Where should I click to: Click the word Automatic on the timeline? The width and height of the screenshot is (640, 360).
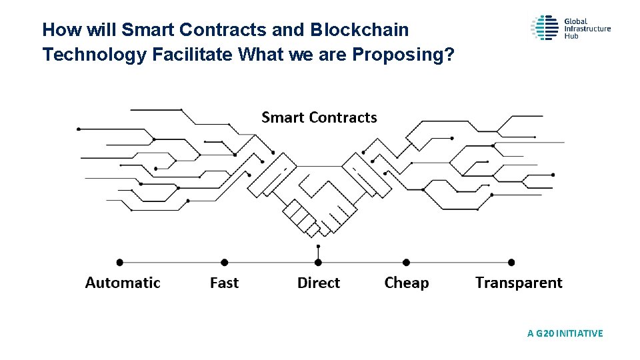(x=123, y=283)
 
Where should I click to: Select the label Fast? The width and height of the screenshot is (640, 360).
(x=224, y=283)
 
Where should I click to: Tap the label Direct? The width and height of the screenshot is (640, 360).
(x=319, y=283)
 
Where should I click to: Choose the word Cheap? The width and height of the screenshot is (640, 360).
(x=407, y=283)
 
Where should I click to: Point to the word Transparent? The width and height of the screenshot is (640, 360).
(x=519, y=283)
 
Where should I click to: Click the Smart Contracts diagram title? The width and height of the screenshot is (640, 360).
(x=319, y=118)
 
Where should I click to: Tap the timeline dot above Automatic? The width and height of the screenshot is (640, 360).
(x=120, y=263)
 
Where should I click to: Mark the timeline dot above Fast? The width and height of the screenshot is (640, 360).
(x=225, y=263)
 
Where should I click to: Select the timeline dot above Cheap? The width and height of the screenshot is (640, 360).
(x=407, y=263)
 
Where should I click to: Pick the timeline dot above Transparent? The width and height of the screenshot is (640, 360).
(x=511, y=263)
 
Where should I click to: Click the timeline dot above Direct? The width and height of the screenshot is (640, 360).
(x=319, y=263)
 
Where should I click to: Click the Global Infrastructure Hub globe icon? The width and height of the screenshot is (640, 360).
(x=545, y=27)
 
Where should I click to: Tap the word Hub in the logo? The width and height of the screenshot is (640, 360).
(x=571, y=36)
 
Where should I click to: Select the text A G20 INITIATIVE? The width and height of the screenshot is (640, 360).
(x=565, y=333)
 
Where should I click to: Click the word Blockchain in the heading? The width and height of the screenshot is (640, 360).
(x=360, y=30)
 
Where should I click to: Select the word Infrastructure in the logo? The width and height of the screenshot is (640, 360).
(x=587, y=29)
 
